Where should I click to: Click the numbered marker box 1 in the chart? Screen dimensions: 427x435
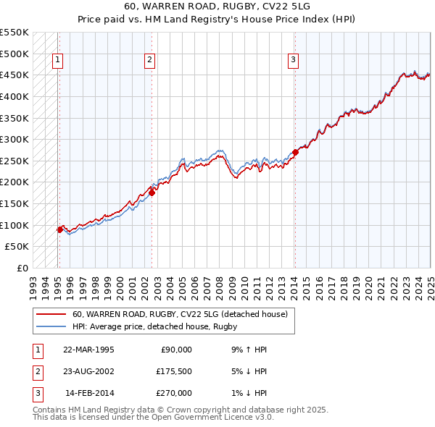(57, 61)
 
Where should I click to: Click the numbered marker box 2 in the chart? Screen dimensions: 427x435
(149, 61)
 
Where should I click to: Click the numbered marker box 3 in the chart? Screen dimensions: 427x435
(293, 61)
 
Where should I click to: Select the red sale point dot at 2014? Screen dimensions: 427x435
(295, 153)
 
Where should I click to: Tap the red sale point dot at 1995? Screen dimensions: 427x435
(59, 229)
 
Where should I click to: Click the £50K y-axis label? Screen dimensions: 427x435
(17, 247)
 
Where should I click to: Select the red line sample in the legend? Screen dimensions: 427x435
(50, 314)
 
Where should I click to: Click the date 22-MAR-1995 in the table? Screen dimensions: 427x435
(88, 350)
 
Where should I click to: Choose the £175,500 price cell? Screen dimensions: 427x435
(174, 371)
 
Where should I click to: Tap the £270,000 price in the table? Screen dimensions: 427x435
(174, 393)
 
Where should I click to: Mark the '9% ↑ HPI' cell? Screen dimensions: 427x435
(247, 350)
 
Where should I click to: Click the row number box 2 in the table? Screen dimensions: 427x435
(36, 371)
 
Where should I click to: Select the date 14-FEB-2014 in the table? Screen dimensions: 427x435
(89, 393)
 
